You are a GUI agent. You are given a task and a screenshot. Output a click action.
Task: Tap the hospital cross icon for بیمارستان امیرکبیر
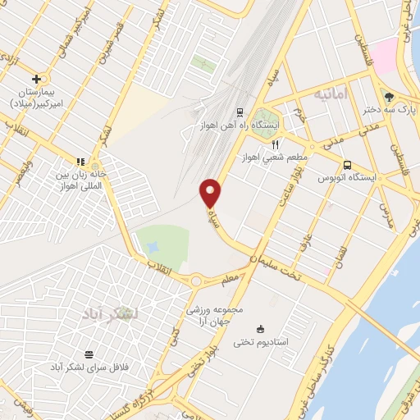[x=35, y=79]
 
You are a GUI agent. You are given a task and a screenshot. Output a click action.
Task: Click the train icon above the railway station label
[x=240, y=112]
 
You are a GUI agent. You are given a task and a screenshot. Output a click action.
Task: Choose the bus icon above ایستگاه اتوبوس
[x=348, y=164]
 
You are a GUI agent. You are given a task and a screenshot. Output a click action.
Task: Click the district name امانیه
[x=331, y=95]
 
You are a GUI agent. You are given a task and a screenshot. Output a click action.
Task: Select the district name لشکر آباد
[x=111, y=313]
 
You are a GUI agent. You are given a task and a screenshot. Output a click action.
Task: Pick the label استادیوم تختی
[x=261, y=342]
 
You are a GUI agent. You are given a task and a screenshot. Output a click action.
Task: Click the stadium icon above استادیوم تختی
[x=261, y=329]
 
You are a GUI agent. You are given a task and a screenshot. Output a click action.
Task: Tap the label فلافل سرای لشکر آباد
[x=90, y=366]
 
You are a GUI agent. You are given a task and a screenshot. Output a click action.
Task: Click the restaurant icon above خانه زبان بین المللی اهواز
[x=80, y=162]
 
